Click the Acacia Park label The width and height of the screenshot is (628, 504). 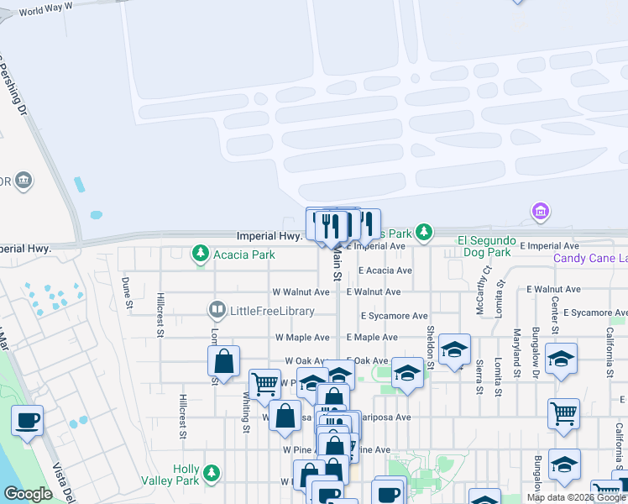[244, 255]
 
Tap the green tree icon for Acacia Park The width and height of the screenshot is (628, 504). [200, 252]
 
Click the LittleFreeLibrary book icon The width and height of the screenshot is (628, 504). [218, 312]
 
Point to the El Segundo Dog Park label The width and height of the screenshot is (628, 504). [484, 246]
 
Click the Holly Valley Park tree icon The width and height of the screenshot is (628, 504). [212, 475]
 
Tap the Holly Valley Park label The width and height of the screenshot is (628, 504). [186, 475]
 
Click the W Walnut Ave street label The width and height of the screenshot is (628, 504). [301, 292]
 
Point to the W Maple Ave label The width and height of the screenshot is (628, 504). [302, 337]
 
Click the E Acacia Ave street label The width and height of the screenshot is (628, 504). [385, 270]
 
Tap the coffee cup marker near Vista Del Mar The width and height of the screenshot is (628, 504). [27, 420]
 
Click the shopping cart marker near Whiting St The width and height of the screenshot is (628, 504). [264, 384]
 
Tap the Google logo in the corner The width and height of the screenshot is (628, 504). [28, 495]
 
